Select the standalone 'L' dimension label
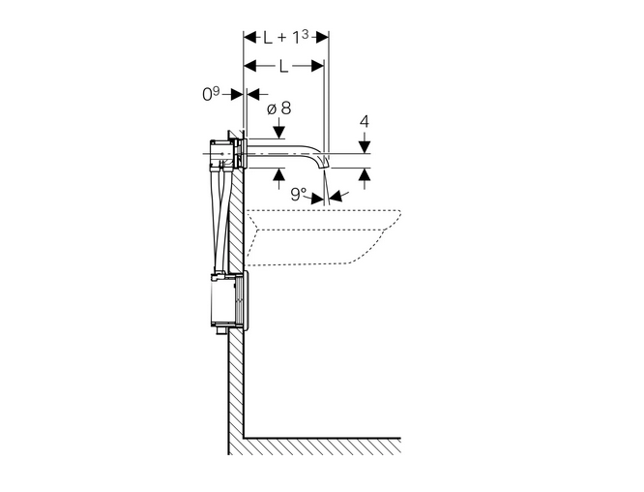(x=281, y=67)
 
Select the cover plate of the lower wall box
(x=244, y=301)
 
